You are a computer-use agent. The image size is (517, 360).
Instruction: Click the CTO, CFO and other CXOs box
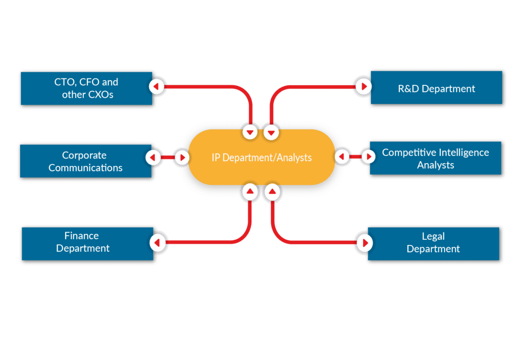click(x=86, y=88)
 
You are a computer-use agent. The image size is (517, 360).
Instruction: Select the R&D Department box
click(x=436, y=88)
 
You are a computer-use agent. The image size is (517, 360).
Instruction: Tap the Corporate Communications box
click(x=85, y=161)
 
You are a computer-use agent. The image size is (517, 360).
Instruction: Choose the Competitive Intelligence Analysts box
click(x=435, y=158)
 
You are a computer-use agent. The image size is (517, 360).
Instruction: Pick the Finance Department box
click(x=86, y=243)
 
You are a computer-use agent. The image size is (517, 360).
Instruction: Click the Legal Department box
click(x=433, y=243)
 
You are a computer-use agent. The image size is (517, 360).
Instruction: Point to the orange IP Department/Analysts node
click(x=261, y=158)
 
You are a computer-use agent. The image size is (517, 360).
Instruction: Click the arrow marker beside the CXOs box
click(x=157, y=87)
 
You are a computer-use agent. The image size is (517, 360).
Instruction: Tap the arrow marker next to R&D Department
click(x=363, y=87)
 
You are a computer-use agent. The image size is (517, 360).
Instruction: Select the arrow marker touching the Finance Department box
click(x=157, y=243)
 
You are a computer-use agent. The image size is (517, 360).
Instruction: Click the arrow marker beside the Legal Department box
click(x=364, y=243)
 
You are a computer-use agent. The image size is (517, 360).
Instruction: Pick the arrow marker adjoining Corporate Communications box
click(x=153, y=158)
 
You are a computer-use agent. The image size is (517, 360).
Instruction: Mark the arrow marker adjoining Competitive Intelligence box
click(x=369, y=157)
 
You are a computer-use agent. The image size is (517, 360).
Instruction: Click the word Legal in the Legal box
click(x=433, y=236)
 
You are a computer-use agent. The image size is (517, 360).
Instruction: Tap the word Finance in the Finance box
click(x=82, y=236)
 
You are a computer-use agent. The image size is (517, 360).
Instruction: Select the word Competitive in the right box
click(x=409, y=152)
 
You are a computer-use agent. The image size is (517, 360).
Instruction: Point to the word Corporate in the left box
click(x=84, y=155)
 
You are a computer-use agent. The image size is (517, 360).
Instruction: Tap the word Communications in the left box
click(x=85, y=168)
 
